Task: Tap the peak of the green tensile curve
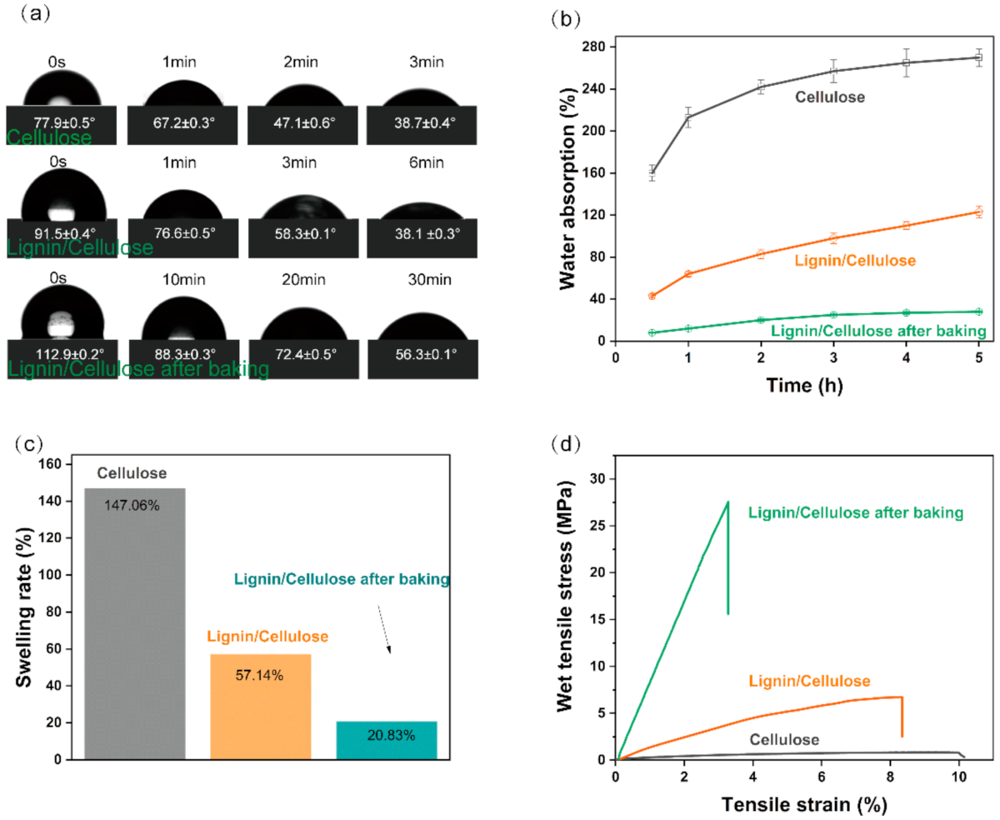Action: [x=727, y=502]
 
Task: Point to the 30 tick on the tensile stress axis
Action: [x=597, y=479]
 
